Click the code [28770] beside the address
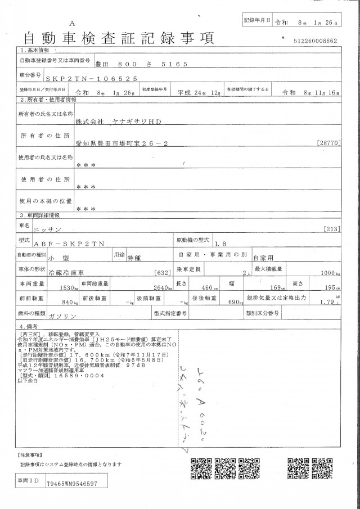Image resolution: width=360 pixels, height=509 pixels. click(328, 143)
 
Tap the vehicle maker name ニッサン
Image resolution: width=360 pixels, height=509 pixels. click(93, 230)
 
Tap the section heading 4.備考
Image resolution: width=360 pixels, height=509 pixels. click(29, 326)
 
